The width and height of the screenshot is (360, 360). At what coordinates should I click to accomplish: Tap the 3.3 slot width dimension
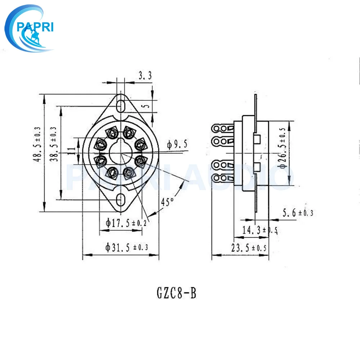point(145,76)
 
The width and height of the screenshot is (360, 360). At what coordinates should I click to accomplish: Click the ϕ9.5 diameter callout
point(177,144)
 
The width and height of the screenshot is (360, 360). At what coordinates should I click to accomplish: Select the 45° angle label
point(167,202)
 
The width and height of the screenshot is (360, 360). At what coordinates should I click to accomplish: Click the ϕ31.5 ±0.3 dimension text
point(127,248)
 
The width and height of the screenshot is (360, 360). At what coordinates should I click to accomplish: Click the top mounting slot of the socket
point(121,103)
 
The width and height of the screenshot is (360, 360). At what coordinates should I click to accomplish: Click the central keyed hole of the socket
point(121,151)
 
